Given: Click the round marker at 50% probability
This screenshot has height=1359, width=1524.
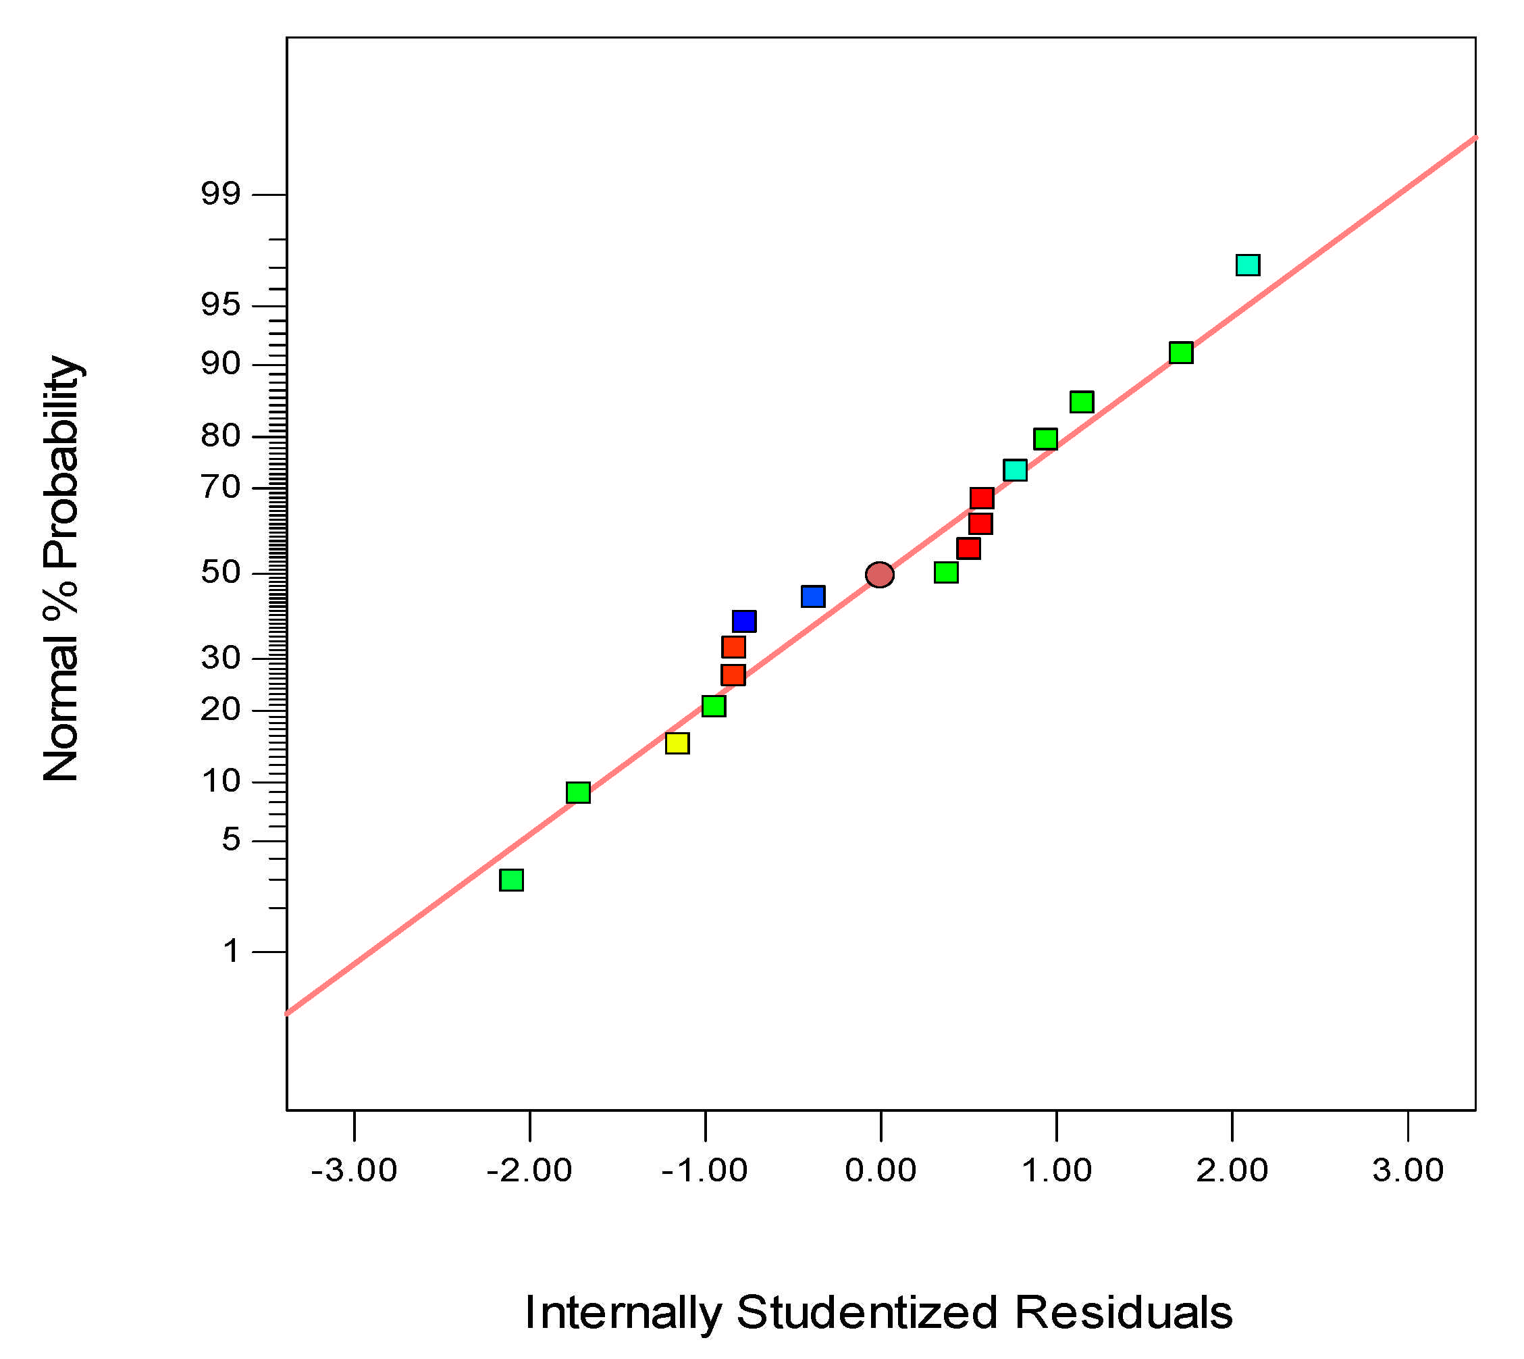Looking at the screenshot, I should [x=880, y=575].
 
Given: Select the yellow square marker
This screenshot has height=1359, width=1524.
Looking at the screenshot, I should [x=677, y=743].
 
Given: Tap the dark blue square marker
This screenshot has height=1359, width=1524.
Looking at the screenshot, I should [x=744, y=621].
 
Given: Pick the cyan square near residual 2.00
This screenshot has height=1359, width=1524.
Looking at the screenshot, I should [x=1248, y=265].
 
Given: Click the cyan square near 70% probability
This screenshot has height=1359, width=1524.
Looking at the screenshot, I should [x=1015, y=470].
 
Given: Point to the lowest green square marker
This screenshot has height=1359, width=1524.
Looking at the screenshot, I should [x=511, y=879].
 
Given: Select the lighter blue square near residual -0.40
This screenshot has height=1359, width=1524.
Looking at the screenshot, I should [x=813, y=596].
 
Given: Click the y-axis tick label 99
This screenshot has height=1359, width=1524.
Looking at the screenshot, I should [x=220, y=195].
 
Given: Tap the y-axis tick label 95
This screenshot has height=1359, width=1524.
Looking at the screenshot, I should [x=220, y=305].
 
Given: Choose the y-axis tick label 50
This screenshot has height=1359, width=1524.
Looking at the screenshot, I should [x=220, y=573].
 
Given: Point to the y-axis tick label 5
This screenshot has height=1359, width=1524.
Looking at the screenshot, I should [x=232, y=840].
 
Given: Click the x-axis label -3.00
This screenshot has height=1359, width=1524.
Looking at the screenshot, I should [x=354, y=1170].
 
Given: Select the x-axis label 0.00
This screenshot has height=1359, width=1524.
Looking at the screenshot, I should [x=881, y=1170].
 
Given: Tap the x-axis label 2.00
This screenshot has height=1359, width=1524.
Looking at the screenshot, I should [x=1232, y=1170].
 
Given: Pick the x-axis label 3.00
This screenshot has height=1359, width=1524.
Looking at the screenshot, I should [x=1409, y=1170].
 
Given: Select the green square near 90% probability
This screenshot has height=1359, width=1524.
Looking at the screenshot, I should [x=1181, y=353].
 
